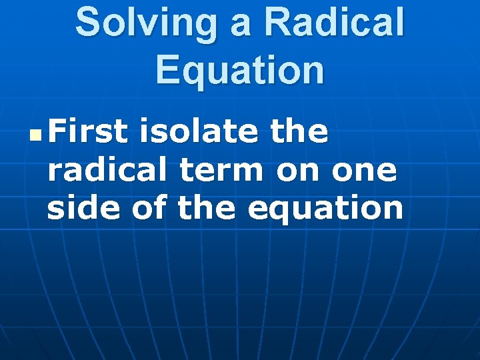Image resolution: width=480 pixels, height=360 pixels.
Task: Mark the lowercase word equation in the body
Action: [x=325, y=209]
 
